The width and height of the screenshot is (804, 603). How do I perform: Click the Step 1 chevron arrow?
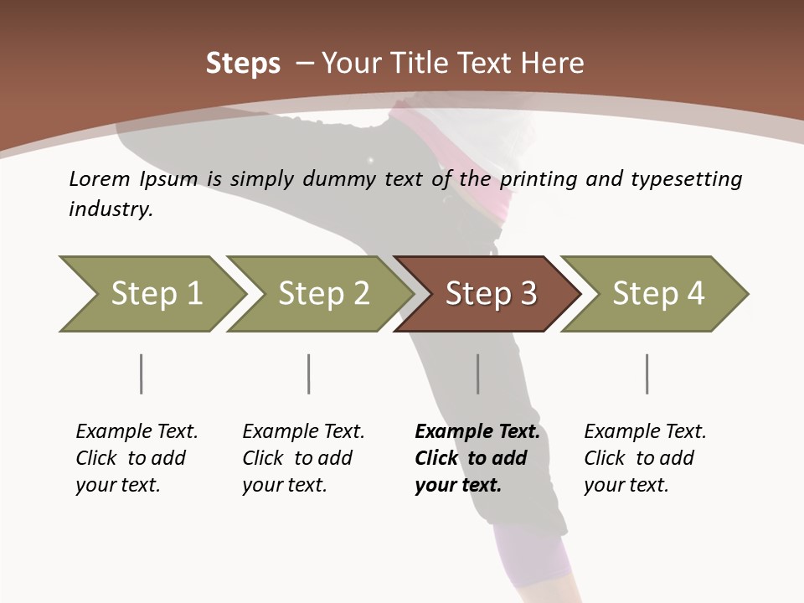pyautogui.click(x=155, y=294)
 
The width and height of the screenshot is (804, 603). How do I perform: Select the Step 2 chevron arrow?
pyautogui.click(x=322, y=294)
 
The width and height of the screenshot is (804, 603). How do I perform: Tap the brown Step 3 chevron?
pyautogui.click(x=490, y=294)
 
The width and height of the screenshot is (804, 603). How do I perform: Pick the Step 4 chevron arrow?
pyautogui.click(x=657, y=294)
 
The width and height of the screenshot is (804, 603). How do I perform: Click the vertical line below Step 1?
pyautogui.click(x=142, y=374)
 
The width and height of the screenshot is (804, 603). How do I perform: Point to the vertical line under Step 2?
pyautogui.click(x=309, y=374)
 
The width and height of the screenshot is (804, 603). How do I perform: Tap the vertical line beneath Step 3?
pyautogui.click(x=478, y=374)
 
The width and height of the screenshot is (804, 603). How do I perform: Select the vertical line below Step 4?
pyautogui.click(x=647, y=374)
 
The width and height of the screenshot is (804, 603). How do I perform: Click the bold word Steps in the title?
pyautogui.click(x=243, y=64)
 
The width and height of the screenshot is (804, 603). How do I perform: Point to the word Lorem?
pyautogui.click(x=100, y=179)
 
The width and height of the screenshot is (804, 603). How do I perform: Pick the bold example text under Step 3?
pyautogui.click(x=477, y=458)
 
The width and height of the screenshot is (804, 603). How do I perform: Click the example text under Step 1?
pyautogui.click(x=136, y=458)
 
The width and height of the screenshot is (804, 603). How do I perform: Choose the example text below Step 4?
pyautogui.click(x=644, y=458)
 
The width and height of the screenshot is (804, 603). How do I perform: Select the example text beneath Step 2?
pyautogui.click(x=302, y=458)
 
